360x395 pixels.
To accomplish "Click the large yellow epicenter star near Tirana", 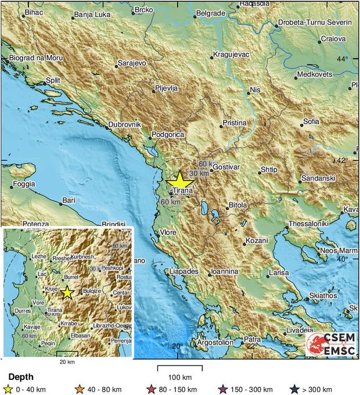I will click(179, 180).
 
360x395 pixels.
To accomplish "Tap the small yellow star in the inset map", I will click(67, 292).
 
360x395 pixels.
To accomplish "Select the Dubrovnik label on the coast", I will click(125, 124).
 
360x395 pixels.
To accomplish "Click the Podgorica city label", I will click(167, 135).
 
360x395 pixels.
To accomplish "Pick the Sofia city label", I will click(311, 122).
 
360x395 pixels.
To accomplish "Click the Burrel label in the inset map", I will click(70, 278).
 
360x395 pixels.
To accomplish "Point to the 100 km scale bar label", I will click(180, 377).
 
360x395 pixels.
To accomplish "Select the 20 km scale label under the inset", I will click(67, 361).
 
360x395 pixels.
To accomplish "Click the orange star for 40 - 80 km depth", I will click(80, 389).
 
